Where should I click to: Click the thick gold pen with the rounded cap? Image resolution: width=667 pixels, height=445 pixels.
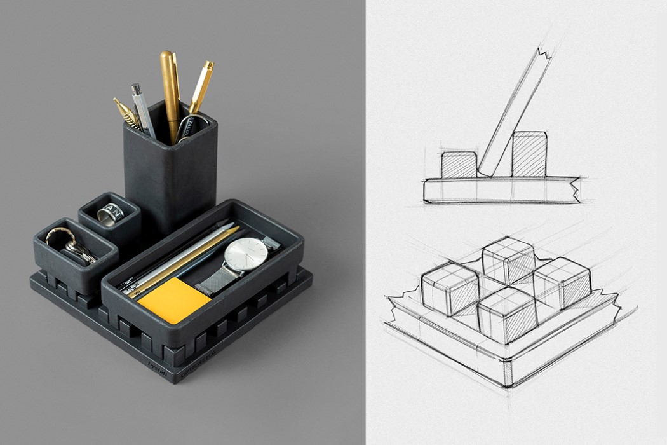click(170, 89)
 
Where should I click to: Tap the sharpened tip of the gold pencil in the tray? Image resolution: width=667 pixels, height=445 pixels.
click(236, 228)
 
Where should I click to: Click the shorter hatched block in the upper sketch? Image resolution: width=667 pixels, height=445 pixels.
click(459, 165)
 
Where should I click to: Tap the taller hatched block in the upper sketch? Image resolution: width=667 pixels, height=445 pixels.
click(529, 154)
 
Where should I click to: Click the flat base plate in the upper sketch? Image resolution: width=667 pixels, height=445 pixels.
click(502, 190)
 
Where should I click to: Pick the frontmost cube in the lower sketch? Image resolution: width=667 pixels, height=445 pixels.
click(506, 314)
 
